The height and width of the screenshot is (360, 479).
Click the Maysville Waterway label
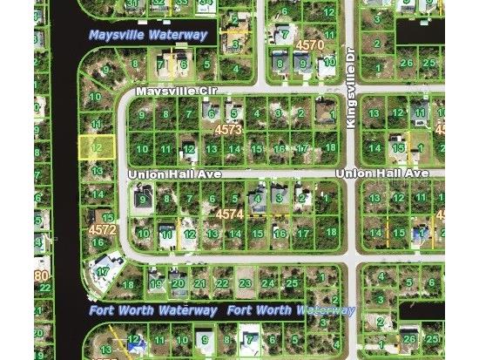pyautogui.click(x=148, y=36)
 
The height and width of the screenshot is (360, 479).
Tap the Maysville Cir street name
pyautogui.click(x=173, y=91)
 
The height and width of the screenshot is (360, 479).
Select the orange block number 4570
pyautogui.click(x=309, y=44)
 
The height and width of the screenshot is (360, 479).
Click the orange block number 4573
pyautogui.click(x=227, y=129)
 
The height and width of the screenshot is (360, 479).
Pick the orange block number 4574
pyautogui.click(x=229, y=213)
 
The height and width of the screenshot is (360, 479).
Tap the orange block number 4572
pyautogui.click(x=102, y=230)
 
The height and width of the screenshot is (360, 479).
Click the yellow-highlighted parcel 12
pyautogui.click(x=97, y=148)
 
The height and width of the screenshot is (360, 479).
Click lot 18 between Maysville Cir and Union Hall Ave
pyautogui.click(x=330, y=148)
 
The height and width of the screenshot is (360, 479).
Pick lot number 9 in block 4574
pyautogui.click(x=142, y=200)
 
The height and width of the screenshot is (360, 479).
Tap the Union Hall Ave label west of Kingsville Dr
pyautogui.click(x=174, y=174)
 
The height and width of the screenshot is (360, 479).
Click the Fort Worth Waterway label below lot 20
pyautogui.click(x=152, y=310)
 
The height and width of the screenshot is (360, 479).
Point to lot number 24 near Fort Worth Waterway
pyautogui.click(x=268, y=283)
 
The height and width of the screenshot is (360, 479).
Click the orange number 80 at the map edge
pyautogui.click(x=41, y=277)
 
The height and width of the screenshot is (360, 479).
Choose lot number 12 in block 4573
pyautogui.click(x=188, y=149)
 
